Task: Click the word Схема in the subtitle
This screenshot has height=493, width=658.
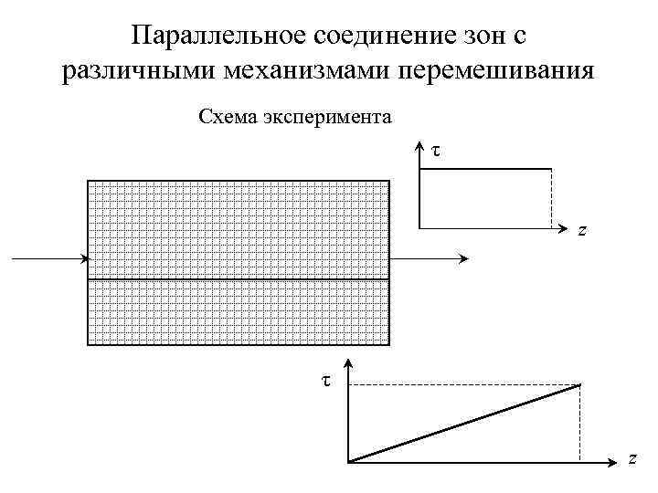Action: [x=227, y=117]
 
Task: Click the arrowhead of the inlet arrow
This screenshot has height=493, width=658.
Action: [x=82, y=259]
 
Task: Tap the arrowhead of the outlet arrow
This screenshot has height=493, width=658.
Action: [x=464, y=259]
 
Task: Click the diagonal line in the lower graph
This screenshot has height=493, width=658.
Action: [x=464, y=424]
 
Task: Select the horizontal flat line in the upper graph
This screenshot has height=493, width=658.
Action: [x=484, y=169]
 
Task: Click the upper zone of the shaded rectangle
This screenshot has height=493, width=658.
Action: [x=238, y=228]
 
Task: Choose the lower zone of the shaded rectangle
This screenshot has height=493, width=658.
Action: [x=238, y=311]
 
